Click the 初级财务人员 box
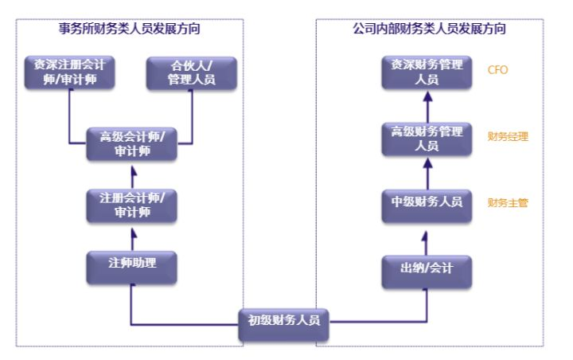284,322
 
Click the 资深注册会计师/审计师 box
70,73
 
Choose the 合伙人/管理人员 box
192,73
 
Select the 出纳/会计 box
427,269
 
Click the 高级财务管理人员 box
427,138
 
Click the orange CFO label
498,70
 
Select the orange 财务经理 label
508,136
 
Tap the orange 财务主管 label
508,203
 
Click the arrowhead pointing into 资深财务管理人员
427,96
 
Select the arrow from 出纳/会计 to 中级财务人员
427,237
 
